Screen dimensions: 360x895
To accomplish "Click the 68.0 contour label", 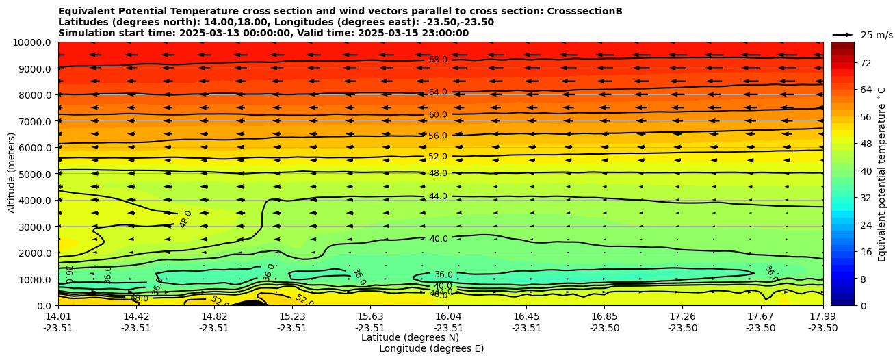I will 438,60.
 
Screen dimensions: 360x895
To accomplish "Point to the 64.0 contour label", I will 438,92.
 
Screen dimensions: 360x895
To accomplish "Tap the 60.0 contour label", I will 438,115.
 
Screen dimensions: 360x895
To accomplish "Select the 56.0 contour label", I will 438,136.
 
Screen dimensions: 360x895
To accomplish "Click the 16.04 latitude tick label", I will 449,316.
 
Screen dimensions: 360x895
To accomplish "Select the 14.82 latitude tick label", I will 214,316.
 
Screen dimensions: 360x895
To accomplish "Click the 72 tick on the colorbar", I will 865,63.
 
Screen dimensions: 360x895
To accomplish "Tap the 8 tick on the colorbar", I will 862,279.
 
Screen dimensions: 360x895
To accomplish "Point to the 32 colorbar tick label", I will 865,198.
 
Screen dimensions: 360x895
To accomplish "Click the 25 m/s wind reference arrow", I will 843,35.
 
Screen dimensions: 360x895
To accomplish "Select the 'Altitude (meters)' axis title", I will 12,174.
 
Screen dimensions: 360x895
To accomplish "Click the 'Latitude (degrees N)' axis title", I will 410,337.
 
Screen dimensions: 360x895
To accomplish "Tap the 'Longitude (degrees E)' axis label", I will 431,348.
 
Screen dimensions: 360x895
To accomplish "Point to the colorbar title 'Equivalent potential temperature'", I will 882,174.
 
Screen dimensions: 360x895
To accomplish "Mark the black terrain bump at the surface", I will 250,303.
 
